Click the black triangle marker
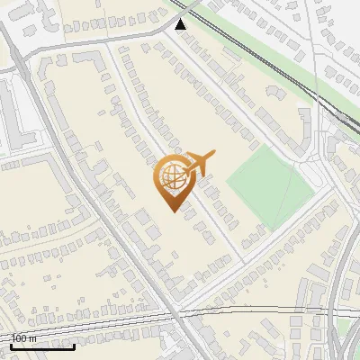coord(182,24)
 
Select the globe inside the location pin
coord(170,176)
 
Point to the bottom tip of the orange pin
coord(171,211)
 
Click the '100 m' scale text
coord(23,338)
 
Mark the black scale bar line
coord(42,346)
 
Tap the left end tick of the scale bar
coord(11,345)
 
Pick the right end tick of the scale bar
coord(75,345)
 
